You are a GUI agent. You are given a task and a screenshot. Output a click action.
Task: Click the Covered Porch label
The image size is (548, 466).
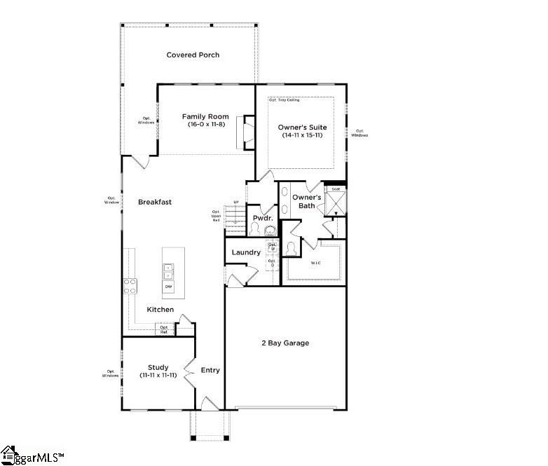(193, 55)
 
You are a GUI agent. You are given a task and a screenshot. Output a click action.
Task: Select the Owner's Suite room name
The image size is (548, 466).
(303, 127)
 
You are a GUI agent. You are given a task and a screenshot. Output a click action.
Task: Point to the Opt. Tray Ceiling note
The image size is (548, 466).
(284, 100)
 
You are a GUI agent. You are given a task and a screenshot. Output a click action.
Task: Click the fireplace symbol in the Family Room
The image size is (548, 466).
(247, 132)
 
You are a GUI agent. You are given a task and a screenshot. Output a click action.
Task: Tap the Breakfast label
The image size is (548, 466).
(154, 202)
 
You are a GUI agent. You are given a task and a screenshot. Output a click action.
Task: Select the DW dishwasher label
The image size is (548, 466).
(169, 287)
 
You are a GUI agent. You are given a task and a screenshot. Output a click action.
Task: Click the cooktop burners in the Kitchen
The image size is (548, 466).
(130, 285)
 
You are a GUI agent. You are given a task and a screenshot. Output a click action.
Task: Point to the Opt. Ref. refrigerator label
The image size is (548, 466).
(164, 329)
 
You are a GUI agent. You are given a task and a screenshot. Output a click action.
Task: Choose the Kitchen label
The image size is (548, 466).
(160, 310)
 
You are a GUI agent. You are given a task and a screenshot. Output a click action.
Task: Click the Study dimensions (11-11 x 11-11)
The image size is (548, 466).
(158, 376)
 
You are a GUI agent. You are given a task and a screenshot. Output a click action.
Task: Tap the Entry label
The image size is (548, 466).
(210, 370)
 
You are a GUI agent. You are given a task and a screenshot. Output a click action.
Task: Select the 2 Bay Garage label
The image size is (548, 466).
(285, 343)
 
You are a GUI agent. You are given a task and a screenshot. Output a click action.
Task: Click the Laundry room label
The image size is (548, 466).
(246, 252)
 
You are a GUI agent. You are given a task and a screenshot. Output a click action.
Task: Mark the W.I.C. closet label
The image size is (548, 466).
(315, 263)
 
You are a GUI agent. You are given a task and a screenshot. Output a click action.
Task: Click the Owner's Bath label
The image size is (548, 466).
(306, 202)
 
